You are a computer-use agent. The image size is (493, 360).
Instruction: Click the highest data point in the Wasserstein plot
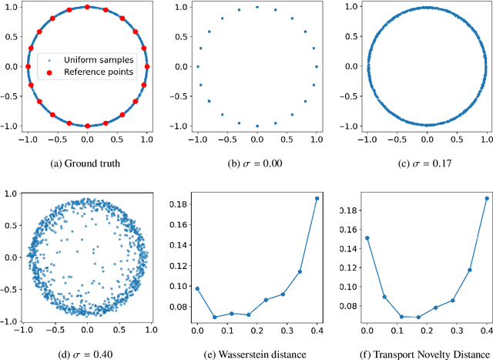coord(317,198)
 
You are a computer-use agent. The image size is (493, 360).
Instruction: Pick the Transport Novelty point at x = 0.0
coord(367,237)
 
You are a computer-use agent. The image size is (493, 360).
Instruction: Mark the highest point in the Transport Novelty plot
coord(486,198)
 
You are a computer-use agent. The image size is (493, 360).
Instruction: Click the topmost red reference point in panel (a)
coord(87,7)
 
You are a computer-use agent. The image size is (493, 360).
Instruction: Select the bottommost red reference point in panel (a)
coord(87,125)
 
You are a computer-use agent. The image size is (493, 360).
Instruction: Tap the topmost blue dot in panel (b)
coord(257,7)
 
